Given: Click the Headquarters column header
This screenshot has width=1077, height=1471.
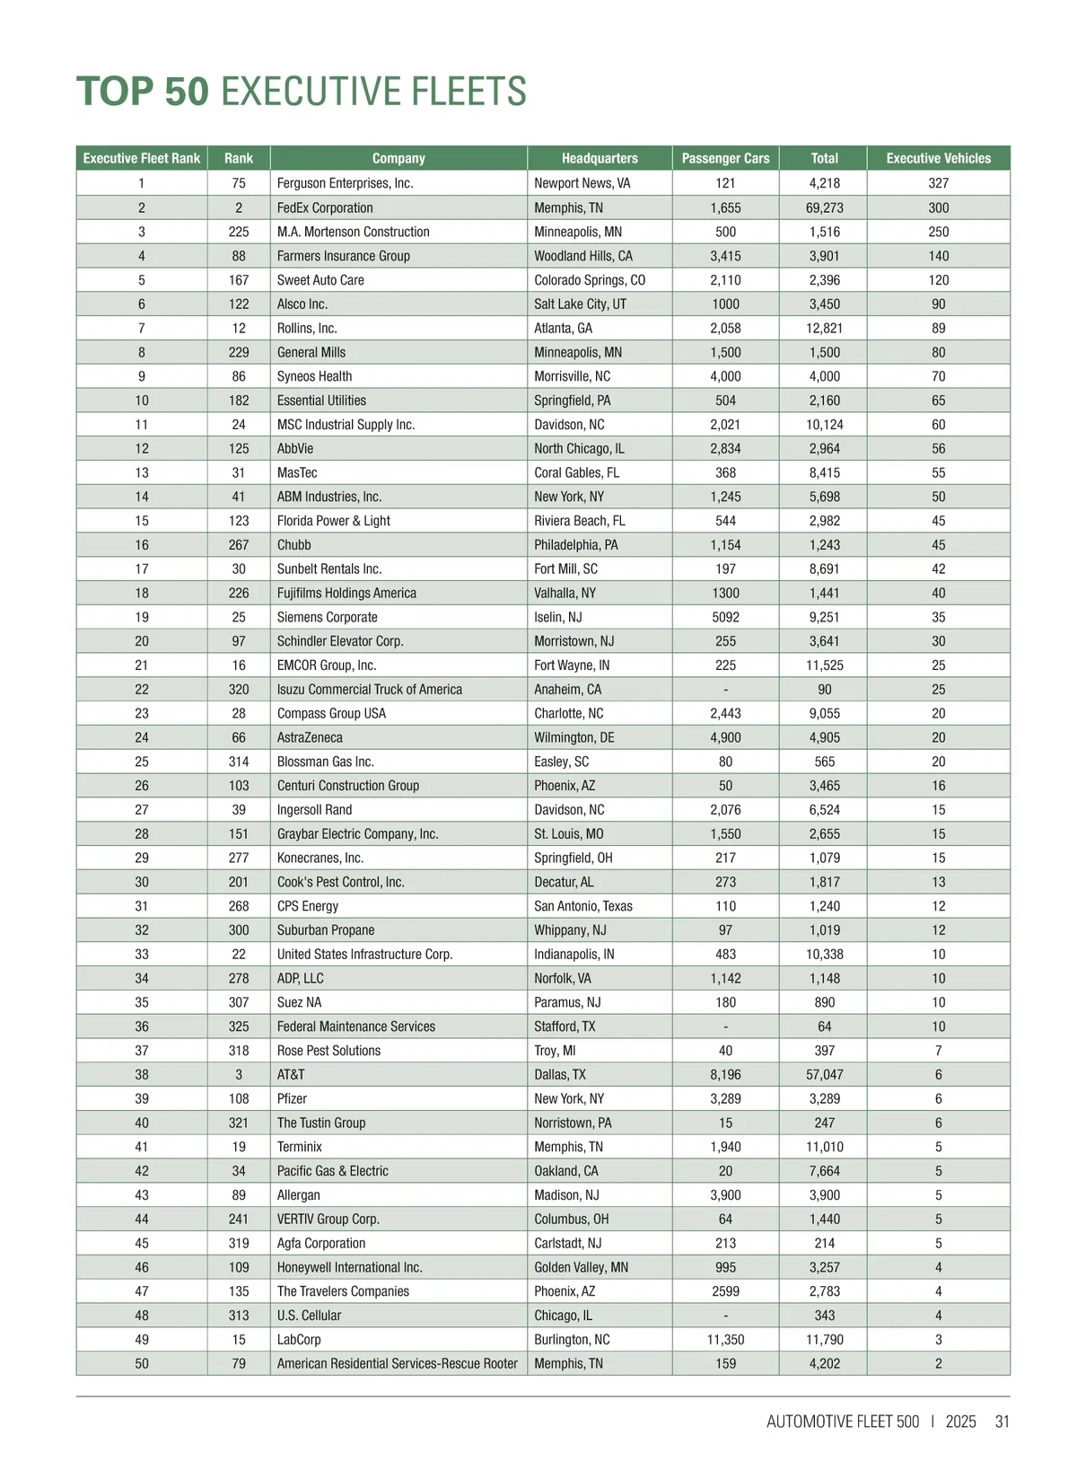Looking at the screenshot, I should [x=600, y=158].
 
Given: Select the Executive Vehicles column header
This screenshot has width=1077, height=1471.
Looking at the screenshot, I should [x=938, y=158].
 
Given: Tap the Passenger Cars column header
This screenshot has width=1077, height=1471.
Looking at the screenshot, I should [x=725, y=158].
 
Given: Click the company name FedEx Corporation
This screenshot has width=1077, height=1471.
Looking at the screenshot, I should [x=325, y=207].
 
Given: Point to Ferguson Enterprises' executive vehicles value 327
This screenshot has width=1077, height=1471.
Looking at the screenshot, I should [x=938, y=183].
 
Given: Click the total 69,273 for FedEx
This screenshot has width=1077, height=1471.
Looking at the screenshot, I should [x=824, y=207].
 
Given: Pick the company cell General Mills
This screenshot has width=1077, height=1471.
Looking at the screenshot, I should [x=311, y=352].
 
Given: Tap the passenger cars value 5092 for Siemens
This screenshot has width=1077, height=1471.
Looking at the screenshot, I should [x=725, y=617].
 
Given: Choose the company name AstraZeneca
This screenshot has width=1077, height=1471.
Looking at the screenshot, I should [x=310, y=737].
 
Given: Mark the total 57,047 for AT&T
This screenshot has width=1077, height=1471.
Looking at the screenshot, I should [x=824, y=1074].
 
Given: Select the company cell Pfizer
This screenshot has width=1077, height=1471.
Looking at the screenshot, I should [x=292, y=1098].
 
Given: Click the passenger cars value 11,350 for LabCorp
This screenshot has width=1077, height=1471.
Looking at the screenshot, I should [x=725, y=1339].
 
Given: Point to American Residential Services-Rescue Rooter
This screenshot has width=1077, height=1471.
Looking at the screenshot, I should [x=397, y=1363].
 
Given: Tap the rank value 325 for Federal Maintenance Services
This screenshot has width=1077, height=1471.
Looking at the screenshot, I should [x=239, y=1026].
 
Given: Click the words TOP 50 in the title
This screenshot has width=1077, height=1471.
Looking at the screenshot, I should [x=143, y=92].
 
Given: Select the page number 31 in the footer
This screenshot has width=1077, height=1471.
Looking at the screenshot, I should [x=1003, y=1422].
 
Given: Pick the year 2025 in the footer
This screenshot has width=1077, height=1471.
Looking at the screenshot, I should [x=960, y=1422].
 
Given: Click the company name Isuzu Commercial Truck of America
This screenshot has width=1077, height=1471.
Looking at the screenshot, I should [x=370, y=690].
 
